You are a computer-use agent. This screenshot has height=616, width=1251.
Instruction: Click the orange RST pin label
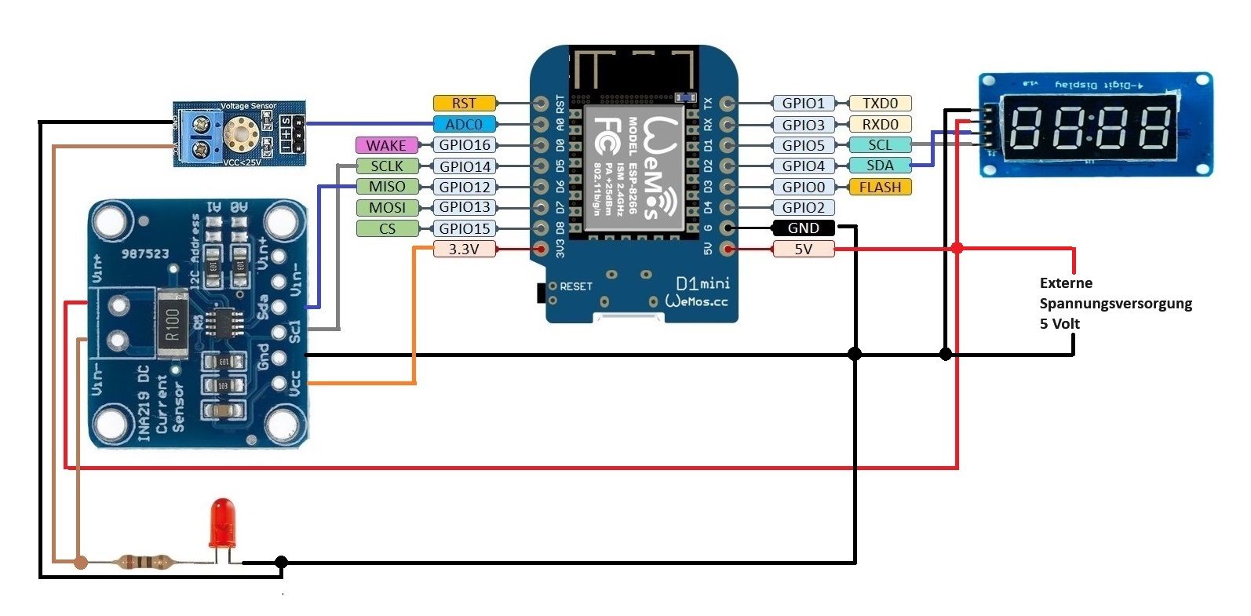coord(464,103)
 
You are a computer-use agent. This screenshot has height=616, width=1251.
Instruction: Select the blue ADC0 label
coord(464,124)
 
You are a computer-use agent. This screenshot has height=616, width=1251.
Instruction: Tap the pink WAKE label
coord(386,145)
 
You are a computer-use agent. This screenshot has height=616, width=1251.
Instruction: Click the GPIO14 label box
coord(465,166)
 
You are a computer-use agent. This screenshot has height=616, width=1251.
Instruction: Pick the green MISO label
coord(387,187)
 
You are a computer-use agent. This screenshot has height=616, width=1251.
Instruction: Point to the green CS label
coord(387,228)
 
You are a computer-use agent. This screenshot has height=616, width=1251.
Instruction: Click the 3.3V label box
coord(464,249)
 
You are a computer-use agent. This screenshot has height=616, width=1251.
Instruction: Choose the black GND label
coord(804,228)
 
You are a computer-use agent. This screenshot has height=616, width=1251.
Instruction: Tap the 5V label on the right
coord(804,250)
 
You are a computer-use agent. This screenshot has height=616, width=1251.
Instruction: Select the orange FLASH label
coord(880,187)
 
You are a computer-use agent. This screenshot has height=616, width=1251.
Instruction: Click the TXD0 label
coord(880,103)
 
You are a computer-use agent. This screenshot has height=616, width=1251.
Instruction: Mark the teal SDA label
coord(880,166)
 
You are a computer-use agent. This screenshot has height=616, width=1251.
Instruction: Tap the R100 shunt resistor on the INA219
coord(172,323)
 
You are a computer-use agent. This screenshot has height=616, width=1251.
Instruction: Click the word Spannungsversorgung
coord(1115,304)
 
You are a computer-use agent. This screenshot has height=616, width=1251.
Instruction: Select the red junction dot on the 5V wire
coord(957,248)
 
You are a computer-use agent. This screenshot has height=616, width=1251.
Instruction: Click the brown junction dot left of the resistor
coord(81,562)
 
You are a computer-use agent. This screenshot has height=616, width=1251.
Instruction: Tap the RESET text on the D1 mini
coord(575,286)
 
